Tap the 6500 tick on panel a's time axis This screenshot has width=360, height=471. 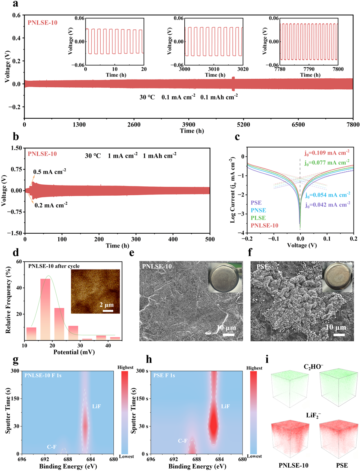pyautogui.click(x=298, y=125)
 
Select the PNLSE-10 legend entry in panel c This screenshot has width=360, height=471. pyautogui.click(x=265, y=226)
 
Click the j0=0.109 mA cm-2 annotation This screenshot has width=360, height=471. pyautogui.click(x=327, y=153)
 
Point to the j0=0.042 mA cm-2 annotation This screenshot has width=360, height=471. pyautogui.click(x=327, y=205)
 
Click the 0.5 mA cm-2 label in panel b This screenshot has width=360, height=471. pyautogui.click(x=50, y=172)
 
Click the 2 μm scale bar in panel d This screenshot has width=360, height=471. pyautogui.click(x=108, y=311)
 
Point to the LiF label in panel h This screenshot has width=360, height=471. pyautogui.click(x=225, y=407)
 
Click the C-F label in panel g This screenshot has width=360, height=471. pyautogui.click(x=52, y=447)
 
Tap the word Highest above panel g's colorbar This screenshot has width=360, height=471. pyautogui.click(x=125, y=367)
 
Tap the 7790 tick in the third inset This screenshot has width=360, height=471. pyautogui.click(x=309, y=69)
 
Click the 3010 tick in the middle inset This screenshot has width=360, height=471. pyautogui.click(x=214, y=69)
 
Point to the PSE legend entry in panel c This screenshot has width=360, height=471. pyautogui.click(x=256, y=203)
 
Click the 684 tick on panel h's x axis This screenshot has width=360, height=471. pyautogui.click(x=219, y=459)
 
